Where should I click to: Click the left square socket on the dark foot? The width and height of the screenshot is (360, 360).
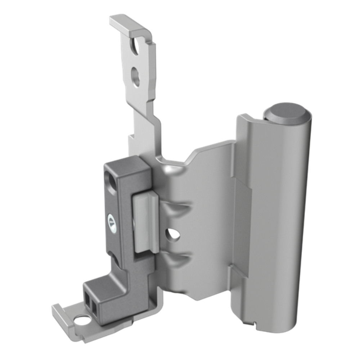(88, 298)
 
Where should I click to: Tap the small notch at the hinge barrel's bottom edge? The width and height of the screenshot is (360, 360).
(255, 322)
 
